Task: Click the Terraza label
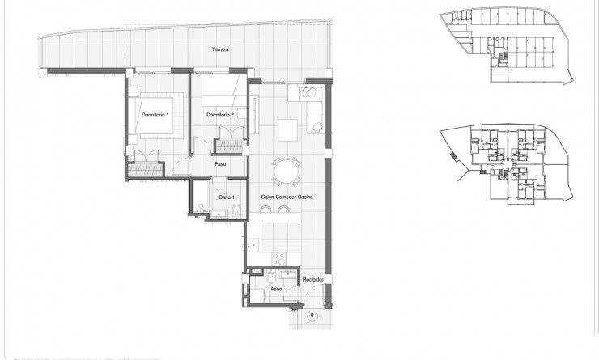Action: [x=220, y=50]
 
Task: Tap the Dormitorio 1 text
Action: [x=155, y=115]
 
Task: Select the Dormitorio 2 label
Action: [x=220, y=115]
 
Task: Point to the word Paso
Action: [x=219, y=164]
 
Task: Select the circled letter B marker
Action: [x=312, y=314]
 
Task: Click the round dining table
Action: [x=287, y=171]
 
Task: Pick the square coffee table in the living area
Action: [x=287, y=129]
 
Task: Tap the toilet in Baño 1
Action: [x=236, y=212]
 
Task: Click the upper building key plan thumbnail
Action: [x=503, y=46]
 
